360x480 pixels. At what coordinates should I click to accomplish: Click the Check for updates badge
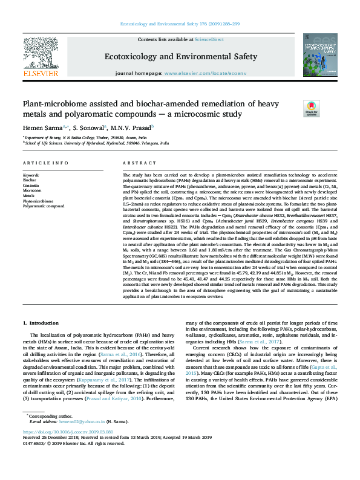point(311,109)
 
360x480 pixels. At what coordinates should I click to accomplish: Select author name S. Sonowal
point(90,127)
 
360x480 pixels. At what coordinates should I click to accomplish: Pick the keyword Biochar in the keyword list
point(29,180)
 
